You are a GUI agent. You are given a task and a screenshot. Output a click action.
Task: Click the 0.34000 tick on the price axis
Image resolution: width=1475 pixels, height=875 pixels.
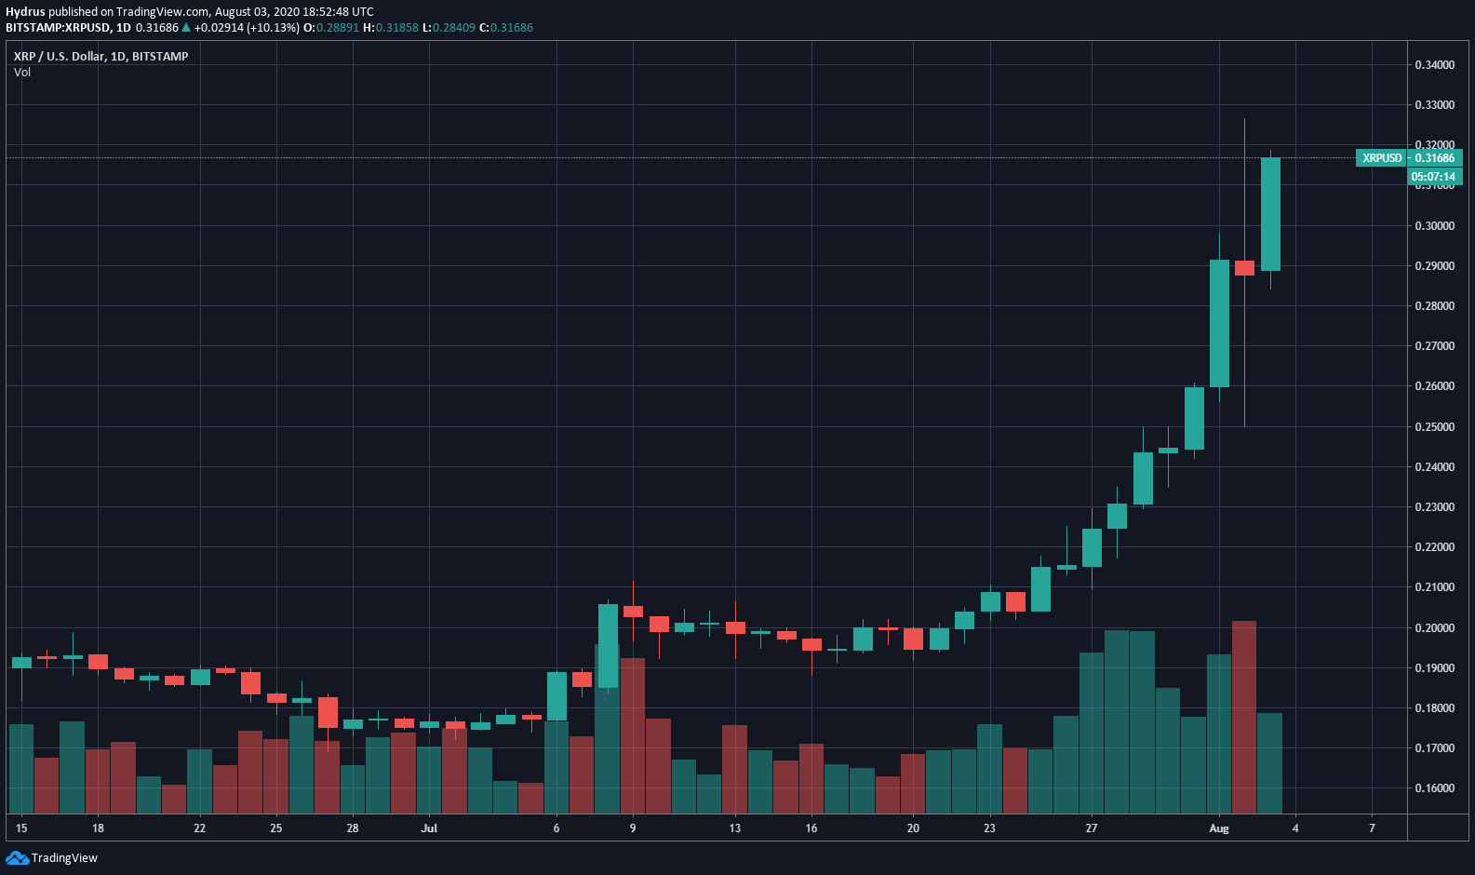1434,65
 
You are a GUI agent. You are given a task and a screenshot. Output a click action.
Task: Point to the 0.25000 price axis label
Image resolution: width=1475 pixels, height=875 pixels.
1434,427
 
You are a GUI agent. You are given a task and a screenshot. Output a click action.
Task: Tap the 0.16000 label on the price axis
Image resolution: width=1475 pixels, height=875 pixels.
1434,788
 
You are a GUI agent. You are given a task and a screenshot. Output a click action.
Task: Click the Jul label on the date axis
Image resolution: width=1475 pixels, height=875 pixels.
429,828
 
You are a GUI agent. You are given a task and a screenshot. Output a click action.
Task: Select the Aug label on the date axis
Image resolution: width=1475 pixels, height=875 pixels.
1219,828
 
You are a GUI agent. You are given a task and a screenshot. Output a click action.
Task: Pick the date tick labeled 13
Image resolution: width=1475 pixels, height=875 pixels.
735,828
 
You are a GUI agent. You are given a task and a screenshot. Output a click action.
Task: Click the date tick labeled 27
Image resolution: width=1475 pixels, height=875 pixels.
1092,828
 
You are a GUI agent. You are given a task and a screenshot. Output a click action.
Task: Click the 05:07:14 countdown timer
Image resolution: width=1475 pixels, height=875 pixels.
1433,177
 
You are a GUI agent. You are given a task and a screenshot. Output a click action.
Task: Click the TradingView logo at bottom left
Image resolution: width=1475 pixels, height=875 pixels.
52,858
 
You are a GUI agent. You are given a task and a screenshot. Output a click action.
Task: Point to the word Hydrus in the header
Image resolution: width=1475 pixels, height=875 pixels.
25,12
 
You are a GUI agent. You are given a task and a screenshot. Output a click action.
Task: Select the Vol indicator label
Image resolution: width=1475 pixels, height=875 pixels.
22,73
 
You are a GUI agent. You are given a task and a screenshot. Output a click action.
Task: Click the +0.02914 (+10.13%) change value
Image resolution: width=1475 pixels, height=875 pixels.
247,28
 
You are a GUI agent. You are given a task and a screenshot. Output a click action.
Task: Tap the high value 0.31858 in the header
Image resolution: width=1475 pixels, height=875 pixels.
397,28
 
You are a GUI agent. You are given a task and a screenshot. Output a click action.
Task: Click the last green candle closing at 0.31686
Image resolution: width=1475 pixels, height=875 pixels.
1270,214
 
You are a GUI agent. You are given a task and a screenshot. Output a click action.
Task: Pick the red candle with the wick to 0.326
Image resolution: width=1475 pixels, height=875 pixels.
1244,268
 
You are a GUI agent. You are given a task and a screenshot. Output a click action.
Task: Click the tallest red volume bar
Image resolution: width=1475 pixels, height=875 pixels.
1244,717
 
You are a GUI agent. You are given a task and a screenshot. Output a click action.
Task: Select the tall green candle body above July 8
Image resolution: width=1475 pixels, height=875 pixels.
608,646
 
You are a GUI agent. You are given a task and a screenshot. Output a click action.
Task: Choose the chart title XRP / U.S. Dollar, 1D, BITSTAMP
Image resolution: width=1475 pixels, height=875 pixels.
101,57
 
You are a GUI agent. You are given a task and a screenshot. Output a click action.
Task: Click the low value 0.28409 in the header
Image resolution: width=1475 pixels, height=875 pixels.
454,28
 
